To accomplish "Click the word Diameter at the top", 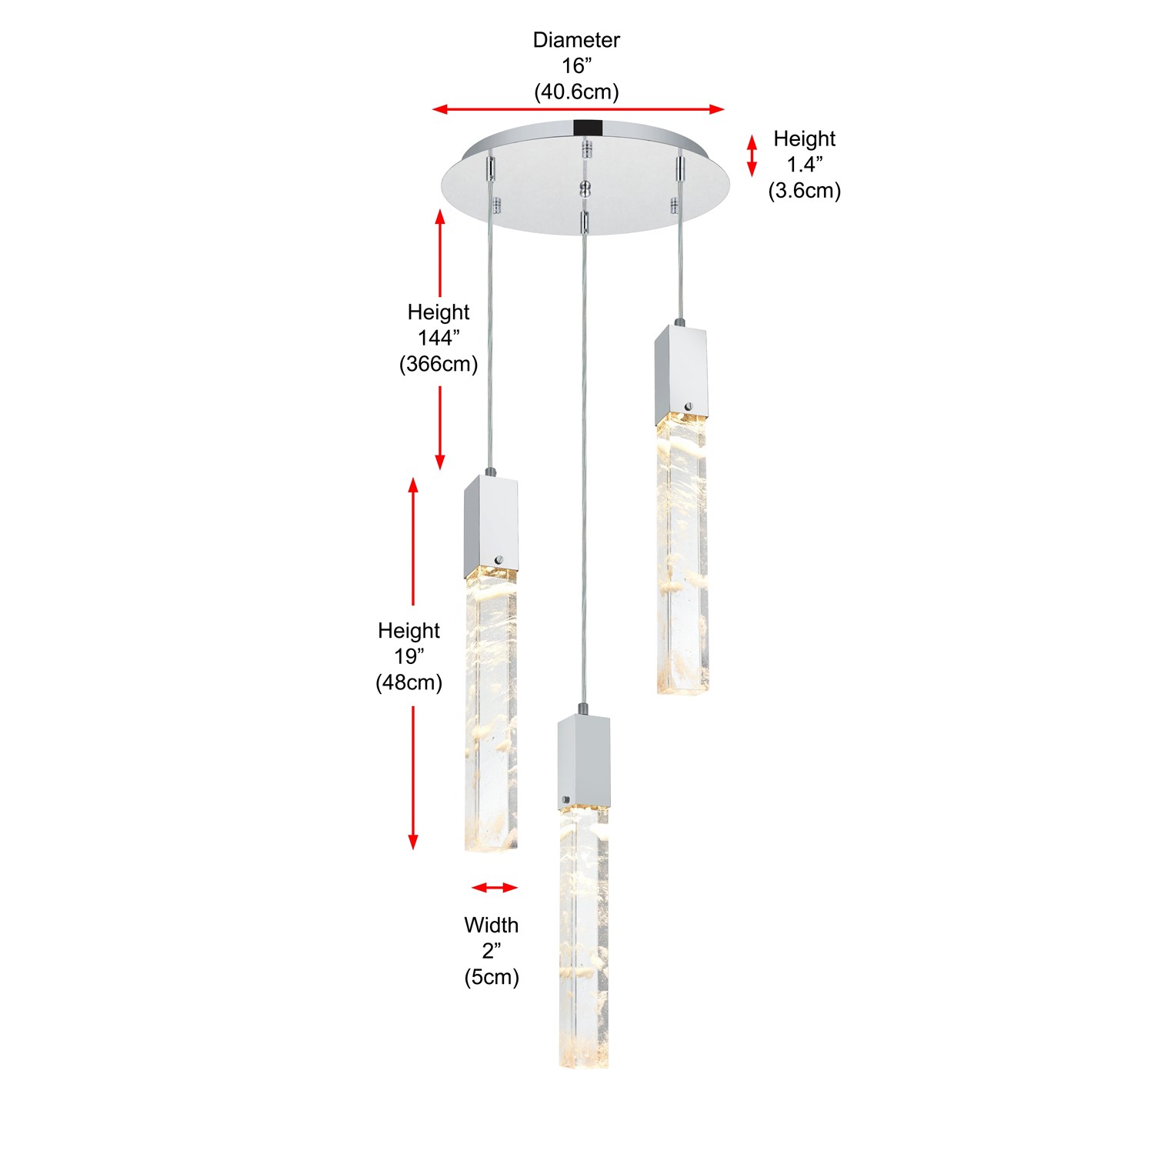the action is pyautogui.click(x=576, y=40).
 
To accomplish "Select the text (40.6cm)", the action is pyautogui.click(x=576, y=92).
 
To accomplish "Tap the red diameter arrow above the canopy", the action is pyautogui.click(x=579, y=109).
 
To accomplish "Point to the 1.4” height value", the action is pyautogui.click(x=805, y=164).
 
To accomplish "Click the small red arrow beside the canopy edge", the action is pyautogui.click(x=752, y=155).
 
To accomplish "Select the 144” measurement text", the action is pyautogui.click(x=439, y=338).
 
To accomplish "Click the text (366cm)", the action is pyautogui.click(x=439, y=364).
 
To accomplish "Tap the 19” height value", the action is pyautogui.click(x=409, y=656).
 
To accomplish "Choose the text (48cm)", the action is pyautogui.click(x=409, y=682).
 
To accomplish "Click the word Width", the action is pyautogui.click(x=492, y=925).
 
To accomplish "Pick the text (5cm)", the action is pyautogui.click(x=492, y=977).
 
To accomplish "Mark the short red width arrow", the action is pyautogui.click(x=495, y=888).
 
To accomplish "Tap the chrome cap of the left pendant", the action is pyautogui.click(x=490, y=527).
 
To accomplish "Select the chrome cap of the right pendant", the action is pyautogui.click(x=681, y=374).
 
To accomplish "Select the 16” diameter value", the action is pyautogui.click(x=576, y=66).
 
